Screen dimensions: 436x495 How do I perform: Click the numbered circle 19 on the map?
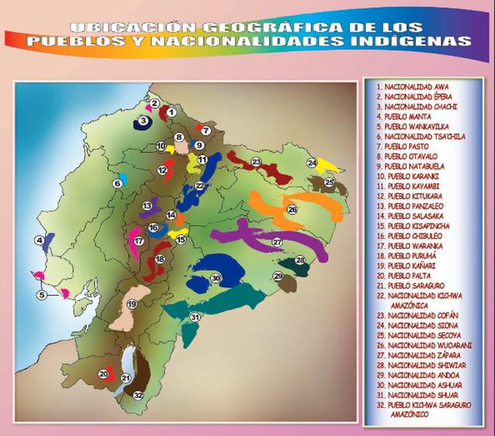(x=132, y=304)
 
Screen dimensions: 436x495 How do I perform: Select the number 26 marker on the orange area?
(x=292, y=209)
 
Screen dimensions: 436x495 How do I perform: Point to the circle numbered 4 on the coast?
(x=39, y=240)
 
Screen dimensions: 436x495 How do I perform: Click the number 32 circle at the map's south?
(x=138, y=396)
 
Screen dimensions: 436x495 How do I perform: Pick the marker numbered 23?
(x=254, y=161)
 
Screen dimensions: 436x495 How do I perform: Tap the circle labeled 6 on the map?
(x=118, y=183)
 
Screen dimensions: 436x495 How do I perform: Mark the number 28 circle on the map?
(x=300, y=260)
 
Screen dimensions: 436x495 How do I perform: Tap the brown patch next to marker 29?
(x=288, y=284)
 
